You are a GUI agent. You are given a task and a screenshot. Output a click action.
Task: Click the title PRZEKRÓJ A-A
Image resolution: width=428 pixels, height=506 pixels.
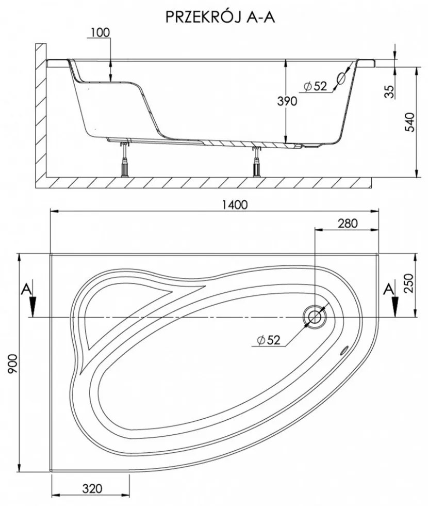220,18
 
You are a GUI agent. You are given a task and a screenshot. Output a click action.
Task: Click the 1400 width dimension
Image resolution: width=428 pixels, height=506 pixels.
235,204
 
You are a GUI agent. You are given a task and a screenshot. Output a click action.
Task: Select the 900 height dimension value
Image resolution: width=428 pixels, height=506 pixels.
12,363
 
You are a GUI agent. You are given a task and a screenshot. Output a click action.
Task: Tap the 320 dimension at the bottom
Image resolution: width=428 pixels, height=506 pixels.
92,489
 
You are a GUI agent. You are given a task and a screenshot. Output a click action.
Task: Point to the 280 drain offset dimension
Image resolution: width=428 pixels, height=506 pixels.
348,223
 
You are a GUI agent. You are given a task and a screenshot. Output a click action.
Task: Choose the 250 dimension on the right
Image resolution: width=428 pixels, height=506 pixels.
408,283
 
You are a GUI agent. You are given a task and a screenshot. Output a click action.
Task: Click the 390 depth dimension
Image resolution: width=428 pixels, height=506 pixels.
287,101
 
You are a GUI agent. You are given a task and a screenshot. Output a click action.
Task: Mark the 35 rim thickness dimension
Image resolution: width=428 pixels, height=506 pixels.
390,92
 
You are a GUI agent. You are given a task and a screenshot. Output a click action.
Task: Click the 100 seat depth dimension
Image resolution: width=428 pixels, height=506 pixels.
100,33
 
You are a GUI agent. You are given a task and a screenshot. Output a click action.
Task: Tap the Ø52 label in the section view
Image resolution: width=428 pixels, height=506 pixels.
315,86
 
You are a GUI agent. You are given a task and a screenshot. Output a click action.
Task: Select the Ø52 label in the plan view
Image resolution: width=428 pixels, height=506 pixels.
269,340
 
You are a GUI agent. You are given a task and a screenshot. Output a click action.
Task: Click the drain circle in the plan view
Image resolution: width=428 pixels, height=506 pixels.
314,317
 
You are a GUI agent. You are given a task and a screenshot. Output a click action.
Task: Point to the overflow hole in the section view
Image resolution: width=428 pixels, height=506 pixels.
341,78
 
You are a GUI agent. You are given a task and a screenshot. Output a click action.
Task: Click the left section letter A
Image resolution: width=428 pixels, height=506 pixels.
26,290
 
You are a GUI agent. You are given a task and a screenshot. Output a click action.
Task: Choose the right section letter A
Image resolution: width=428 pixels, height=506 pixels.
389,290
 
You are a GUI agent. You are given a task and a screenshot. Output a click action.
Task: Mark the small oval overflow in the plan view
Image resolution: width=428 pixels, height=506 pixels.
344,350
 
